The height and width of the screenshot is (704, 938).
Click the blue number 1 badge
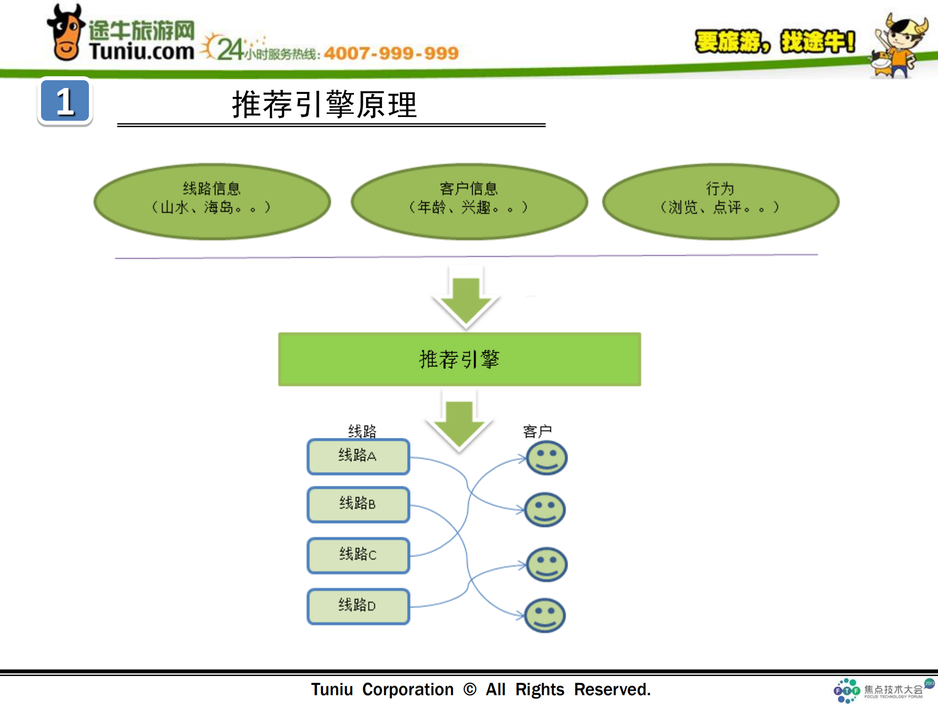[x=65, y=101]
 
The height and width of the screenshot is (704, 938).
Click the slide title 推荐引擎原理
[x=324, y=105]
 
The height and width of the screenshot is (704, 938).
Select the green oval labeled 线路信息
[x=212, y=201]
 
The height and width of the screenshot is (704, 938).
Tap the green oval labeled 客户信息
[x=469, y=201]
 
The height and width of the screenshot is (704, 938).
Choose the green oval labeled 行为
[x=720, y=201]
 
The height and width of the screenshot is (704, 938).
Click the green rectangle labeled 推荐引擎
[x=459, y=360]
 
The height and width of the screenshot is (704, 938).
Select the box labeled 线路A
[x=358, y=456]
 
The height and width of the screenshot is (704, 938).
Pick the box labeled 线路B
[x=358, y=504]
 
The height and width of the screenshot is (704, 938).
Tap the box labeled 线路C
[x=358, y=555]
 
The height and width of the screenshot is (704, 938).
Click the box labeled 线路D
[x=358, y=606]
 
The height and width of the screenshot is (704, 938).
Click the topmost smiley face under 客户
[x=546, y=458]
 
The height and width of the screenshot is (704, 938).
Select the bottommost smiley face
[x=545, y=615]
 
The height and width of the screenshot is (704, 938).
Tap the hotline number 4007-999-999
[x=391, y=53]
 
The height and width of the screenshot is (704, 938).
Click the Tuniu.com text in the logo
[x=141, y=51]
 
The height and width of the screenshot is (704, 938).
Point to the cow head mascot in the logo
[x=66, y=34]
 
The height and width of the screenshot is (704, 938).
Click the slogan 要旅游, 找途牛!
[x=775, y=42]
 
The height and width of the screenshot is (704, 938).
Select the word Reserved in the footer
[x=611, y=689]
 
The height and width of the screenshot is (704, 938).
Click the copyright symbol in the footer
[x=470, y=689]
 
